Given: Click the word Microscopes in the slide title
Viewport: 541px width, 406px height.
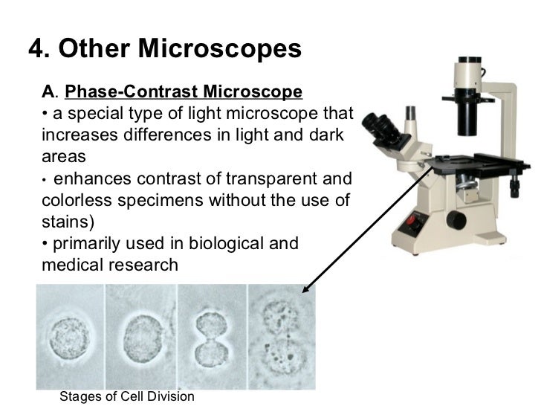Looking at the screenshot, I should (x=222, y=50).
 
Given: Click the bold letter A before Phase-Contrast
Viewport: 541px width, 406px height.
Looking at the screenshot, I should (x=48, y=92).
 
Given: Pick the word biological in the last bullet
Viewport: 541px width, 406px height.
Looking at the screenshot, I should (x=224, y=243).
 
